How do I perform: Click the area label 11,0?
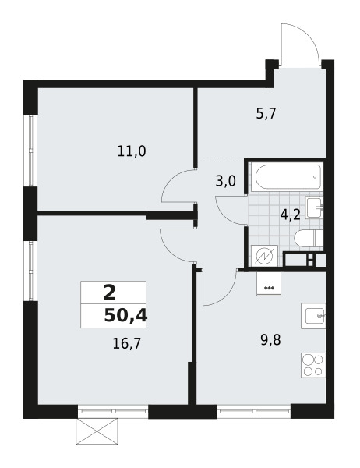coord(132,152)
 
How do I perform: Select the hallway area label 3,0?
coord(225,183)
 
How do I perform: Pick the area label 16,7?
coord(115,341)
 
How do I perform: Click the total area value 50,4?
coord(125,316)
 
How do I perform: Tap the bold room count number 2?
coord(109,293)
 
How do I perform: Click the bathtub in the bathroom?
coord(284,177)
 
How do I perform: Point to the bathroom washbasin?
coord(316,207)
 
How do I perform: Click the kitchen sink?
coord(314,316)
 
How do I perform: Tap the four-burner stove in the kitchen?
coord(313,366)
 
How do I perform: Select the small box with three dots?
coord(270,285)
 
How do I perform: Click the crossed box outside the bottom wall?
coord(97,430)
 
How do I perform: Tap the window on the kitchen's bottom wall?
coord(254,408)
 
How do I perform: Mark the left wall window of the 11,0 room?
coord(30,151)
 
